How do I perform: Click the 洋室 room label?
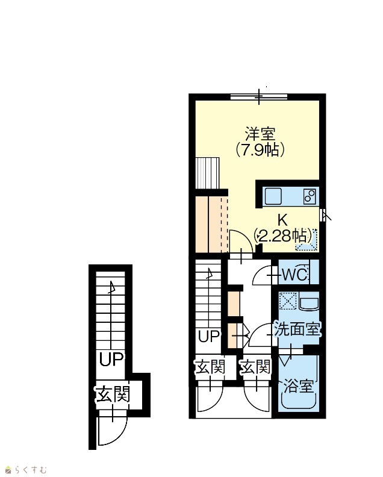[260, 134]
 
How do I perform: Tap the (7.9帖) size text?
[260, 149]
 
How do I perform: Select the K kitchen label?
[282, 220]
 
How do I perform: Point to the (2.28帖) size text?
[283, 235]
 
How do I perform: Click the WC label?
[294, 275]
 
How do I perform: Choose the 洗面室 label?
[297, 329]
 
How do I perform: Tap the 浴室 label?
[298, 386]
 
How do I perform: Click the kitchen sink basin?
[273, 196]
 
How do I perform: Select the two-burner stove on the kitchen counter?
[310, 196]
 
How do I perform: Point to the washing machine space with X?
[288, 301]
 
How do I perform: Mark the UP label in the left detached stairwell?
[111, 360]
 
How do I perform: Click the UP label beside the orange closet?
[209, 336]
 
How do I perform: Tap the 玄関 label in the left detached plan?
[113, 394]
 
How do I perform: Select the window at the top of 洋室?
[259, 97]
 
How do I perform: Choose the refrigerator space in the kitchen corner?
[307, 240]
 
